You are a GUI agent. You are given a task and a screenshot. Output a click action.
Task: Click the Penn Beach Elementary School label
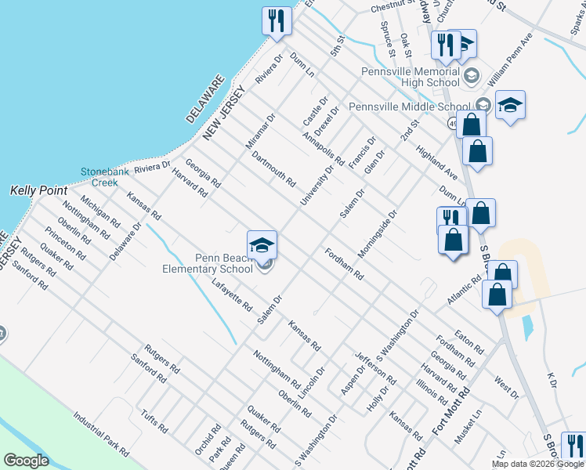pyautogui.click(x=224, y=262)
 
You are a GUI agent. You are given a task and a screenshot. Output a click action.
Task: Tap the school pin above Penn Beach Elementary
pyautogui.click(x=262, y=244)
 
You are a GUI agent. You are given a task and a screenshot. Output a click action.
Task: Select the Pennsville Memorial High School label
pyautogui.click(x=411, y=77)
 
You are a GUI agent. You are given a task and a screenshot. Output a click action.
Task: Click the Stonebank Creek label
pyautogui.click(x=99, y=177)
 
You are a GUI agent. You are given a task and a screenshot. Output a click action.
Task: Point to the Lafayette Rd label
pyautogui.click(x=231, y=294)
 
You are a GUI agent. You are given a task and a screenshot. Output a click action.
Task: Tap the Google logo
pyautogui.click(x=26, y=461)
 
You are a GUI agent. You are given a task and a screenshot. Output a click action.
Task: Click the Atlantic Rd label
pyautogui.click(x=464, y=291)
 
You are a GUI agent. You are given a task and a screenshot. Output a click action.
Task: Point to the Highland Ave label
pyautogui.click(x=436, y=162)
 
